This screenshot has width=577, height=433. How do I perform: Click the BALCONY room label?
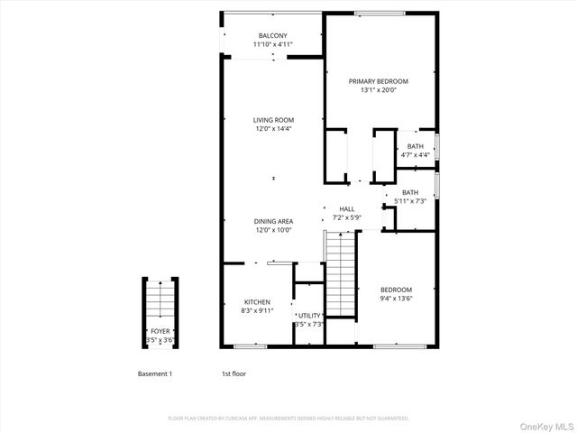coord(273,35)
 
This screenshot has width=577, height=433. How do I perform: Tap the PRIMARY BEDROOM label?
coord(379,80)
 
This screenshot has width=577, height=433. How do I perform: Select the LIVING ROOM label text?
coord(273,120)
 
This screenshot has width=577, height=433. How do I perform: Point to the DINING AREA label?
coord(273,221)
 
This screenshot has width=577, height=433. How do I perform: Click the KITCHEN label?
coord(257,302)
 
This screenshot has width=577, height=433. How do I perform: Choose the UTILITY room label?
coord(309,316)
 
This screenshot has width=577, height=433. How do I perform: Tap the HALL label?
coord(346,208)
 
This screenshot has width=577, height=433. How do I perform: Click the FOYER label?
coord(160,331)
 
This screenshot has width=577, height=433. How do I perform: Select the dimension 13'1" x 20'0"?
coord(379,89)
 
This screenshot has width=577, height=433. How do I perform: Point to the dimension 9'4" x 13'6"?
coord(396,298)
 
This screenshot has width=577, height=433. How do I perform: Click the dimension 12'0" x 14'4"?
coord(273,129)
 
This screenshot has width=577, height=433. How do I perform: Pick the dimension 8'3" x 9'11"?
coord(257,311)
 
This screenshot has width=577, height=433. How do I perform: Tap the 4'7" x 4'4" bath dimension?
coord(415,154)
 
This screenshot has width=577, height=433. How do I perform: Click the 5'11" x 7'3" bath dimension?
coord(410,201)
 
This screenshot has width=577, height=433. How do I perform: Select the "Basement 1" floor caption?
coord(154,373)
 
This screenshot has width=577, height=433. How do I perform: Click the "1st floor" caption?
coord(234,373)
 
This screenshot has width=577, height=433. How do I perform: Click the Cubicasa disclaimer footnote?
coord(288,418)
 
